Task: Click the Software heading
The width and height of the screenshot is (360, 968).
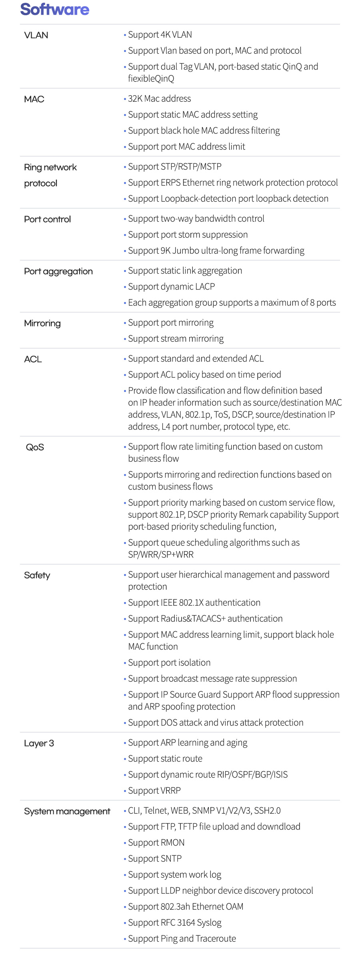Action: coord(55,9)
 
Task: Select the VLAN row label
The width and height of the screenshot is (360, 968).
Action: coord(36,35)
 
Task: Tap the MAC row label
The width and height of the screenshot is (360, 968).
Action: coord(34,99)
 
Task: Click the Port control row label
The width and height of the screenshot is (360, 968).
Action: coord(47,219)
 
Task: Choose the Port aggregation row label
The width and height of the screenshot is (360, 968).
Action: coord(58,271)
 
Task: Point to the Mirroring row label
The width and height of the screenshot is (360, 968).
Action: coord(42,323)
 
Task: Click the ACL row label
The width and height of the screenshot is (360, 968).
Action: coord(33,359)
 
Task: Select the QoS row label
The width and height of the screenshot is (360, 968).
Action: coord(35,447)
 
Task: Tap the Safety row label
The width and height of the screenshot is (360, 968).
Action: coord(37,575)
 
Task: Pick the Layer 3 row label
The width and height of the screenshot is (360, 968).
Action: coord(39,743)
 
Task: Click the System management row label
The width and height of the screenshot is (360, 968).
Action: coord(67,811)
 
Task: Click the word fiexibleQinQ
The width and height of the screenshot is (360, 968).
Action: coord(151,78)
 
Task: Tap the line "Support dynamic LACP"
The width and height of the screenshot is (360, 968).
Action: coord(171,286)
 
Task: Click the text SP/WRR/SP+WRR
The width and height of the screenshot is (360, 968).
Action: coord(161,554)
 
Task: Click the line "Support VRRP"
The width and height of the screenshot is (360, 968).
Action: coord(154,790)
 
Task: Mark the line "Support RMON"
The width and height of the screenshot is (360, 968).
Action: coord(156,842)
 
